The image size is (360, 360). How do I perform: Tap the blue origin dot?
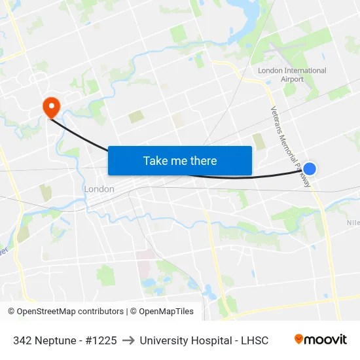310,169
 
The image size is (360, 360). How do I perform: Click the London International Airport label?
292,75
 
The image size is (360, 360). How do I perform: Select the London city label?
99,189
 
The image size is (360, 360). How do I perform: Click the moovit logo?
320,340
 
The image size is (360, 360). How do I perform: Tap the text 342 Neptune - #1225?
65,340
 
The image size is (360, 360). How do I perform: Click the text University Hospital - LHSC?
204,340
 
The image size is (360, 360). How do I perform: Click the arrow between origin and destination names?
128,340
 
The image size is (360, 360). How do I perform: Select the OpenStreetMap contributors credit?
66,312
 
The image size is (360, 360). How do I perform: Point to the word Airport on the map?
293,79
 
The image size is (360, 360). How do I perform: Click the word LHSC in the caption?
254,340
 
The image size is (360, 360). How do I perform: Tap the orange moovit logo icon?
299,339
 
